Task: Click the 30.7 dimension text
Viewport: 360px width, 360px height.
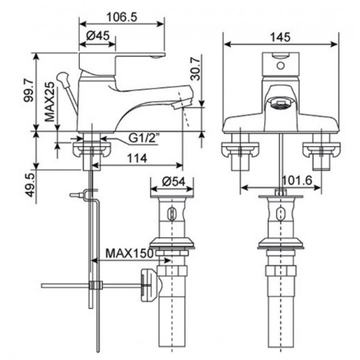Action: tap(195, 72)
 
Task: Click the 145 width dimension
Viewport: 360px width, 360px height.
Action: tap(280, 37)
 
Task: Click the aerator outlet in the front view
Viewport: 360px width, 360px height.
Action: tap(280, 103)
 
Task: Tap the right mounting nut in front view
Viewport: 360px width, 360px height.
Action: tap(321, 149)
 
